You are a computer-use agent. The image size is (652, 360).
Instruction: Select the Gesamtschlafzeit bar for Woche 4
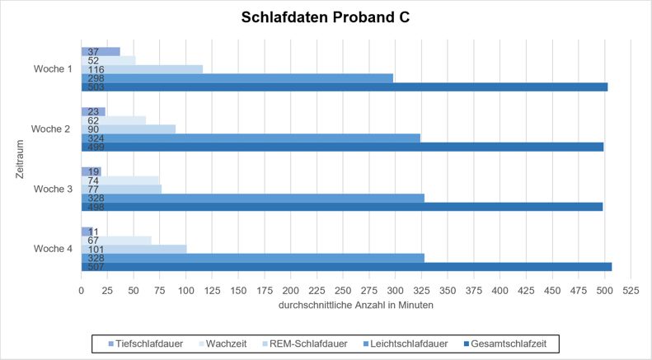346,266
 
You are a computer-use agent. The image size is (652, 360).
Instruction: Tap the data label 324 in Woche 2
94,138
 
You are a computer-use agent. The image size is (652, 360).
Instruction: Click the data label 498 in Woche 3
94,207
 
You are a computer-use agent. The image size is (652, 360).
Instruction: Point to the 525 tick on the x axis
631,290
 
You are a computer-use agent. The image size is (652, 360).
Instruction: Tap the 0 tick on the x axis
81,290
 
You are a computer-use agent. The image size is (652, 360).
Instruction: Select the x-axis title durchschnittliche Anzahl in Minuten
356,305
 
